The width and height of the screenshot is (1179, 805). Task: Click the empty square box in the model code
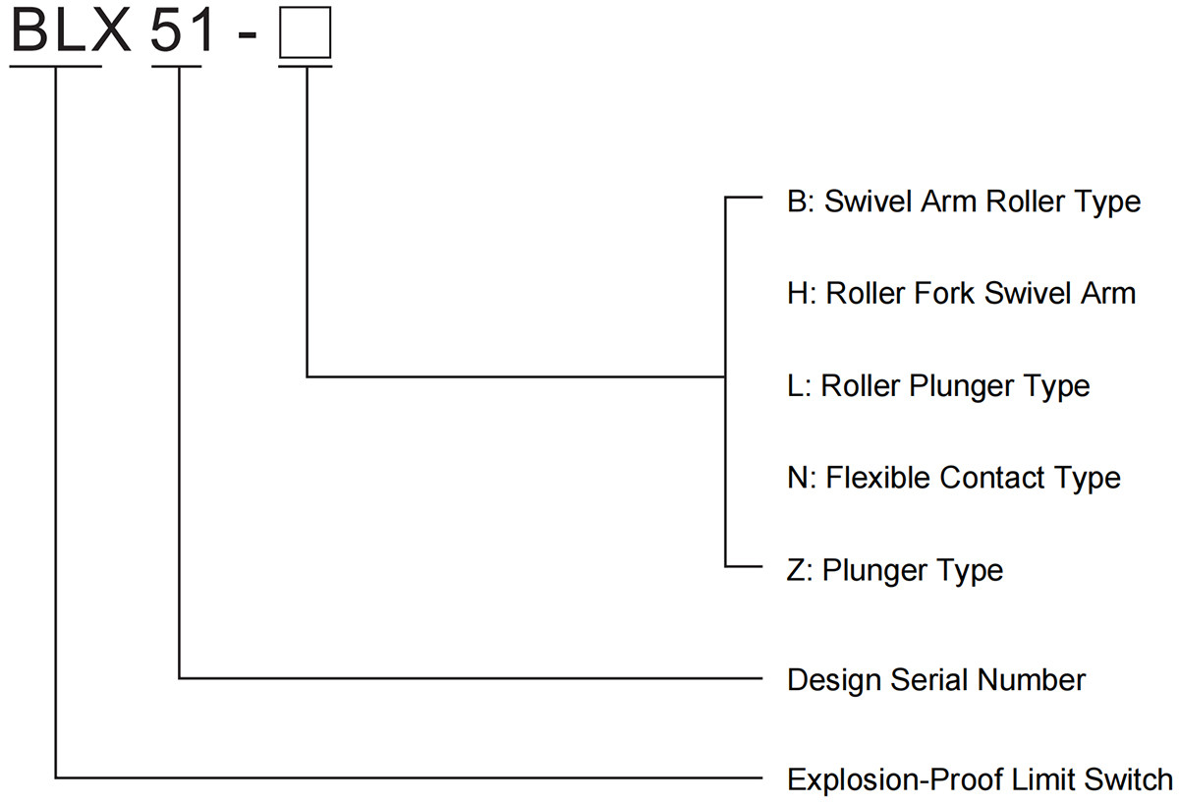coord(306,33)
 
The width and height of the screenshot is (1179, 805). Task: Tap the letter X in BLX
coord(110,31)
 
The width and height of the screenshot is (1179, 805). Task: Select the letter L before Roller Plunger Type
coord(796,385)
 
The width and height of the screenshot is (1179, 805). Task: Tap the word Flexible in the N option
coord(879,478)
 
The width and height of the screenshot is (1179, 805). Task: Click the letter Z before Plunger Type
coord(796,570)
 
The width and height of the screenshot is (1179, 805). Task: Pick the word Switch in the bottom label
coord(1127,779)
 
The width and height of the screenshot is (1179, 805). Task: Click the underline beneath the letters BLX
coord(56,67)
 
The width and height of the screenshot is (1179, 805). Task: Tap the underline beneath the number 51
coord(177,67)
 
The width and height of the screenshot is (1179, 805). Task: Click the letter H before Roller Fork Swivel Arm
coord(798,293)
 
